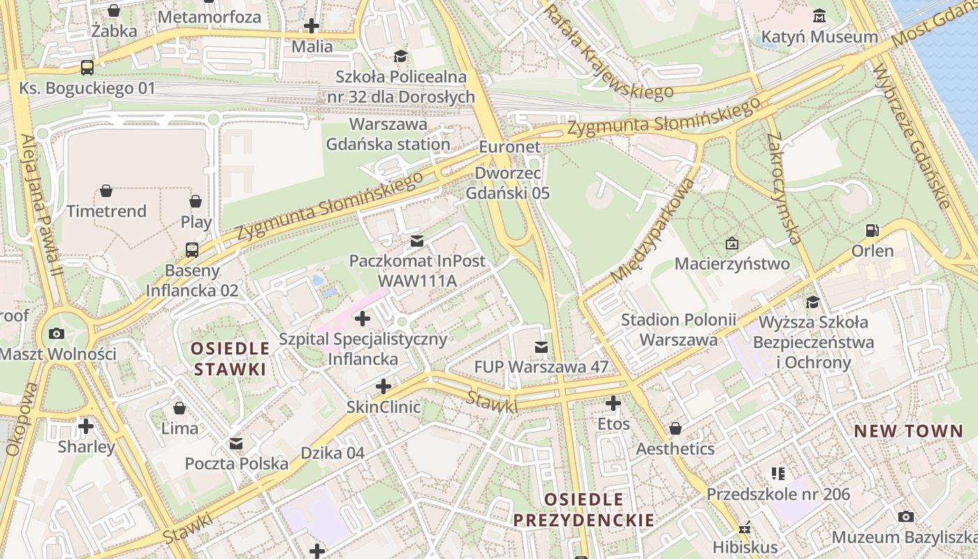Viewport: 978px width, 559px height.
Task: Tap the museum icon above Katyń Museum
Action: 819,15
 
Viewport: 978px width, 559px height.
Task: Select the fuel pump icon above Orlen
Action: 872,230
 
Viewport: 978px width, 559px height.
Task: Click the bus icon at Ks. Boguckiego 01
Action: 87,68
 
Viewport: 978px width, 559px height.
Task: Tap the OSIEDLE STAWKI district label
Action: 230,358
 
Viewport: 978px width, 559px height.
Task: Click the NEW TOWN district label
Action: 908,431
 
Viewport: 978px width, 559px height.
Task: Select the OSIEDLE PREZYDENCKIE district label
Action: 584,509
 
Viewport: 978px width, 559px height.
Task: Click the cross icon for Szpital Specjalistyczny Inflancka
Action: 362,319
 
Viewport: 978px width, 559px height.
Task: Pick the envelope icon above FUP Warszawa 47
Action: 541,347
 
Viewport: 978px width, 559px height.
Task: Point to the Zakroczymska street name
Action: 783,189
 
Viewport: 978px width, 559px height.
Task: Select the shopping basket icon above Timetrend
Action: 106,191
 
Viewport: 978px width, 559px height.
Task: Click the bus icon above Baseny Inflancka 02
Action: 191,249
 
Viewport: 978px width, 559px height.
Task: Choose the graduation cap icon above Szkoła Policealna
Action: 400,56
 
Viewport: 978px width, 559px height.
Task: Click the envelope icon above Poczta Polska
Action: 236,444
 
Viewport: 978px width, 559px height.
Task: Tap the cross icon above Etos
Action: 613,403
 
